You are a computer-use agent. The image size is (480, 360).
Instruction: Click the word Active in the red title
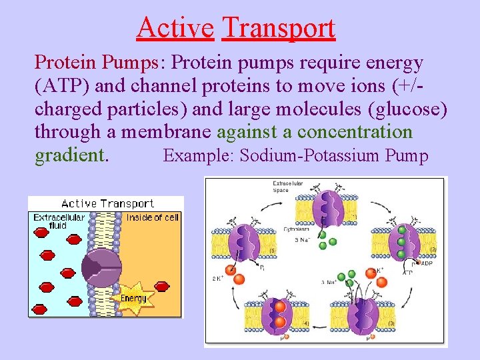(175, 28)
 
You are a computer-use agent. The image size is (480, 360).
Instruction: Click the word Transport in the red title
(278, 28)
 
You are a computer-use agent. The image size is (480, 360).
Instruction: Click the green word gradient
(69, 155)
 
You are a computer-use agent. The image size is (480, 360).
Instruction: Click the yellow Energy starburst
(134, 297)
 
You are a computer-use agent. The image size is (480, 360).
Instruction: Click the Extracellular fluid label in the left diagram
(59, 221)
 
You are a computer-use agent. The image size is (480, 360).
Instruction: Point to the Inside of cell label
(153, 217)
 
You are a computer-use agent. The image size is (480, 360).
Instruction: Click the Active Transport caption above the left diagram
(107, 203)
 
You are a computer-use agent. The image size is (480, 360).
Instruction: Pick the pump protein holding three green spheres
(402, 245)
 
